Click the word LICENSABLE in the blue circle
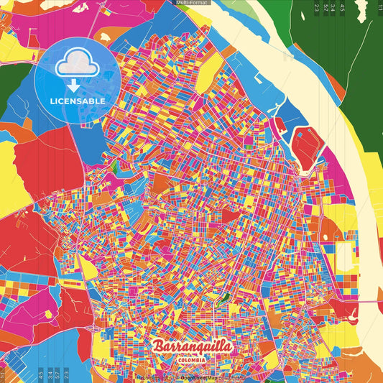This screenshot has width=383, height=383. pos(77,101)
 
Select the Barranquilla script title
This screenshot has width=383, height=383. pos(192,347)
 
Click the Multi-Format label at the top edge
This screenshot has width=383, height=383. pos(192,3)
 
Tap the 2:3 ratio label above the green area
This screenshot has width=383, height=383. pos(317,9)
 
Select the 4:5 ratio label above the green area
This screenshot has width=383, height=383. pos(342,9)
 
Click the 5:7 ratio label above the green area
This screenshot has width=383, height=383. pos(326,9)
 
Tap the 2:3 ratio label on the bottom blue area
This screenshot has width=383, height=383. pos(67,374)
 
